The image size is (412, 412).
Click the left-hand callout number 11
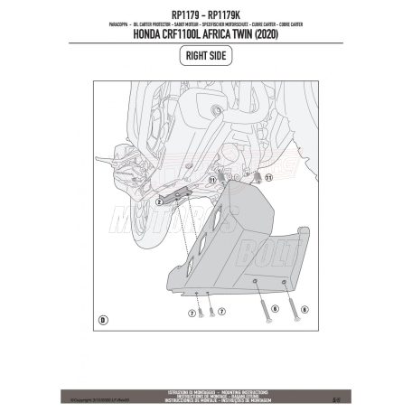(x=213, y=180)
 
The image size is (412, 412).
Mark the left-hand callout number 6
(x=275, y=309)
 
